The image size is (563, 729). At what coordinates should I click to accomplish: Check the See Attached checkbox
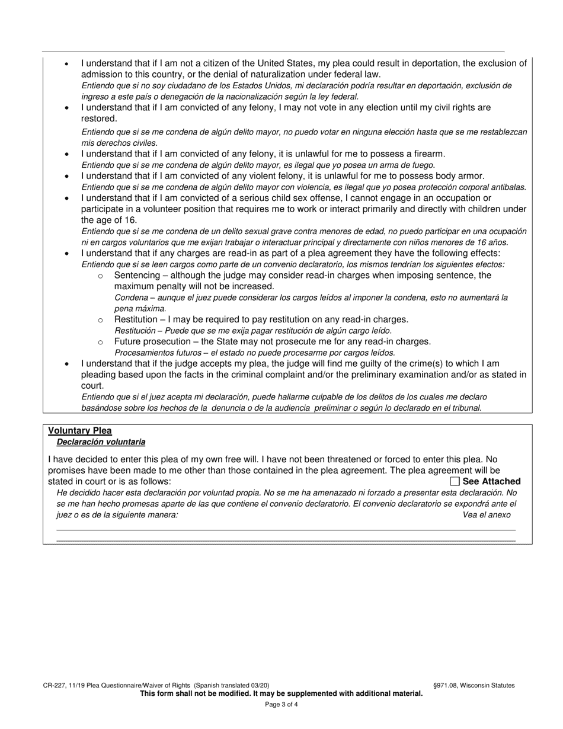point(455,481)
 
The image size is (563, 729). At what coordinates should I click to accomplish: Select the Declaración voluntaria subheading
point(101,442)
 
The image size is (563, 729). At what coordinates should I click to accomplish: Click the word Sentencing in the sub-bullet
point(137,276)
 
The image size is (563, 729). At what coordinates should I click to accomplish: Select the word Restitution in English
point(136,319)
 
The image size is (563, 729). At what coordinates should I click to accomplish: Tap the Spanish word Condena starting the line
point(131,298)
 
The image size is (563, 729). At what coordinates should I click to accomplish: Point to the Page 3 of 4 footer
point(281,705)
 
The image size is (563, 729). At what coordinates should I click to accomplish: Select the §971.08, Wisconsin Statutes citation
point(474,685)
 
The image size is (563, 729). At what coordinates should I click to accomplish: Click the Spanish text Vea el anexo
point(487,515)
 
